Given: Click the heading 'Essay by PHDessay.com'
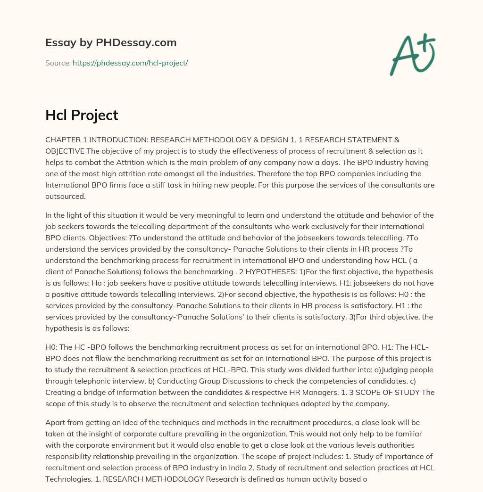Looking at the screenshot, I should [x=111, y=43].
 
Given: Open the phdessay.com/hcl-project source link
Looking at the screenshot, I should [x=130, y=63].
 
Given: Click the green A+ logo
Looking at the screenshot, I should [x=412, y=54].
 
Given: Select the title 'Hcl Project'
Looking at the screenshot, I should [x=82, y=115].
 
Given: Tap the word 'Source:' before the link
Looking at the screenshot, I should [x=58, y=63].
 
